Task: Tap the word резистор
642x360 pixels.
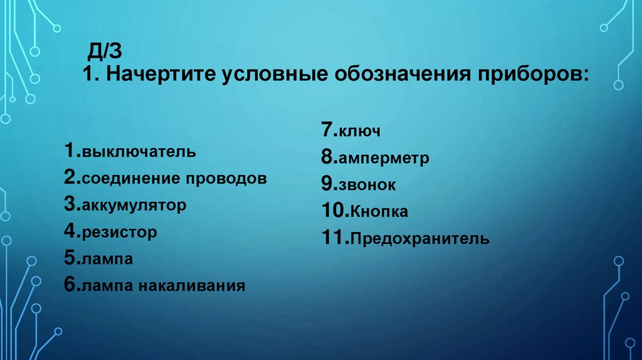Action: coord(118,233)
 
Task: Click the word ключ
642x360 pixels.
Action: coord(360,132)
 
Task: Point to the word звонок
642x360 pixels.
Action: coord(368,186)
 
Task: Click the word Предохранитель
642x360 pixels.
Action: coord(420,239)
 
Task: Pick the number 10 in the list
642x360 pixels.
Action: coord(332,211)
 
